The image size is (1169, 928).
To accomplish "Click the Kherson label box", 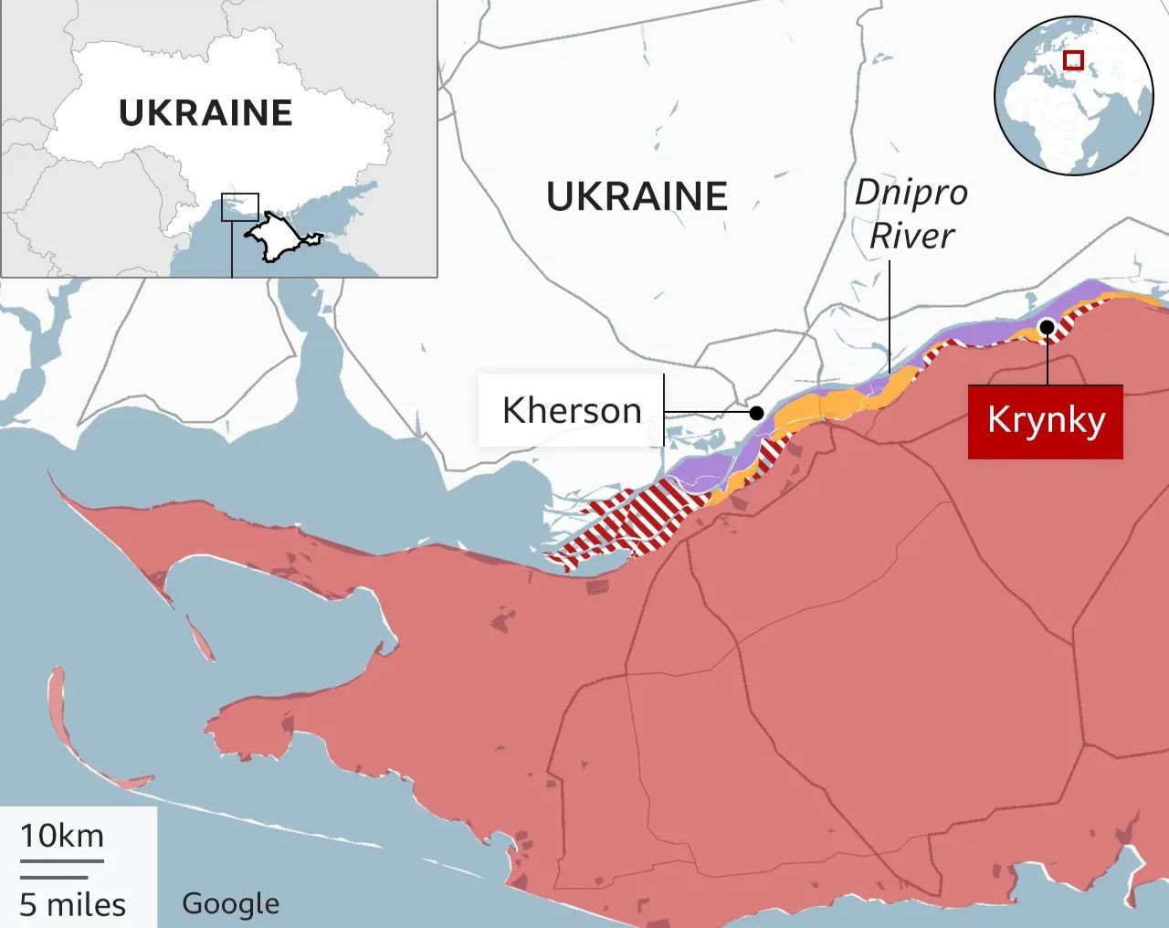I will (x=572, y=411).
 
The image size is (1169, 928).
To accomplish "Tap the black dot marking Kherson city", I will (x=756, y=413).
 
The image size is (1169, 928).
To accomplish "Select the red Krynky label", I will (x=1045, y=421).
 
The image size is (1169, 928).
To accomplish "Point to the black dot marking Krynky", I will (x=1047, y=327).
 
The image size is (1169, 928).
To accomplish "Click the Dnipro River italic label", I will (x=911, y=215).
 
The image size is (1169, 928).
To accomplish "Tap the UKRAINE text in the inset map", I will (x=205, y=112).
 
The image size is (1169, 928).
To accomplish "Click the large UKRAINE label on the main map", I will (x=637, y=196).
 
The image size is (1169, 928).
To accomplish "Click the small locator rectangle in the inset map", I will (x=240, y=207).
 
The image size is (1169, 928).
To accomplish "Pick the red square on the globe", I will (x=1073, y=60).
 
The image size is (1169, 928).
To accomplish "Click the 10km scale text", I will (x=62, y=836).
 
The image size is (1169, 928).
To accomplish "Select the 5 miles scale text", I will (x=73, y=904).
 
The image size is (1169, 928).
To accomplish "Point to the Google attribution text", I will (x=230, y=903).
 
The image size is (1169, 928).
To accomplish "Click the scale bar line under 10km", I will (x=62, y=860).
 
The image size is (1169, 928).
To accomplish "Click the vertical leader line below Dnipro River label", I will (x=890, y=315).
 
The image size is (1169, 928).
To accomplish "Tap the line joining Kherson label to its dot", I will (x=708, y=412).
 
